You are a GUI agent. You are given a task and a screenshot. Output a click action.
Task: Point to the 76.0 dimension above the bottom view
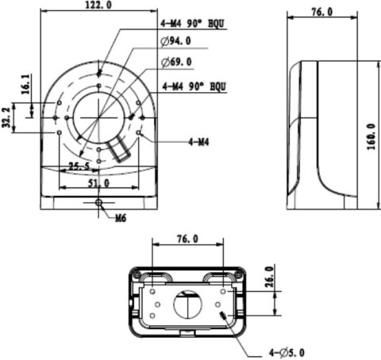(186, 238)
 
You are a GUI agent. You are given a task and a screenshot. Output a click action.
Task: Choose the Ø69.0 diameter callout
(175, 61)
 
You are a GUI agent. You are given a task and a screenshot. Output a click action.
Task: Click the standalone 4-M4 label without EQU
(198, 142)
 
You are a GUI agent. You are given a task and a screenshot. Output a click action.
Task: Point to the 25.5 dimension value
(78, 167)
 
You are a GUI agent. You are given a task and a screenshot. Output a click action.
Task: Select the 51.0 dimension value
(98, 183)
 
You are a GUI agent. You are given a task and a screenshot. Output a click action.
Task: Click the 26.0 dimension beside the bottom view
(269, 281)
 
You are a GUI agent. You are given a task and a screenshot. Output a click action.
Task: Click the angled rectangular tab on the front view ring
(121, 148)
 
